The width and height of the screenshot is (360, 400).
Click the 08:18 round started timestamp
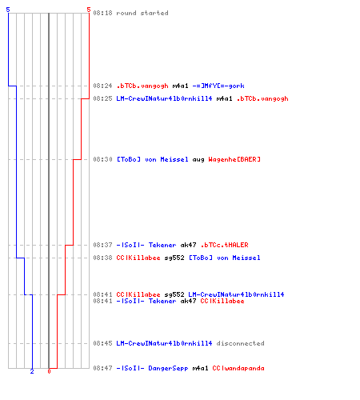(102, 13)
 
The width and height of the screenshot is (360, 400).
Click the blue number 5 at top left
(8, 10)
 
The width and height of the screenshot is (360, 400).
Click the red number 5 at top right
(89, 10)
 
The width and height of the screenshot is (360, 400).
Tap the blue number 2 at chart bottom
(32, 371)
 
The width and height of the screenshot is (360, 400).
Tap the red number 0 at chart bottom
(49, 371)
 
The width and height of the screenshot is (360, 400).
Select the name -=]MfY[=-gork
(218, 86)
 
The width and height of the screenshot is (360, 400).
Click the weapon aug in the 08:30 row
(198, 160)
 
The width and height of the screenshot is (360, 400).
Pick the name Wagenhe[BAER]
(234, 159)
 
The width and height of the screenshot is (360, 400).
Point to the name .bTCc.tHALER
(224, 245)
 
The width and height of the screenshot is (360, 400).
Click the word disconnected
(240, 343)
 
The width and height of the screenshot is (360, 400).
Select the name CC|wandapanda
(238, 368)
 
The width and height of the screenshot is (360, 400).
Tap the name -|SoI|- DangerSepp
(152, 368)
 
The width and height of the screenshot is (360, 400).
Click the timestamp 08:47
(102, 368)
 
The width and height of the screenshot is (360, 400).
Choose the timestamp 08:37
(102, 245)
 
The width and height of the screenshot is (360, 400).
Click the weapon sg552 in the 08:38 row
(174, 258)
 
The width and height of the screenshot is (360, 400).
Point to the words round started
(142, 13)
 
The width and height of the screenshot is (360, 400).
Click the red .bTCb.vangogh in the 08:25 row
(262, 98)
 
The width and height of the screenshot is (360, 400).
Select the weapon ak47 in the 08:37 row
(188, 245)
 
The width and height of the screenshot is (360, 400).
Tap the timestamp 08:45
(102, 343)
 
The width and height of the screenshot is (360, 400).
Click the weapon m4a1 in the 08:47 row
(200, 368)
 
